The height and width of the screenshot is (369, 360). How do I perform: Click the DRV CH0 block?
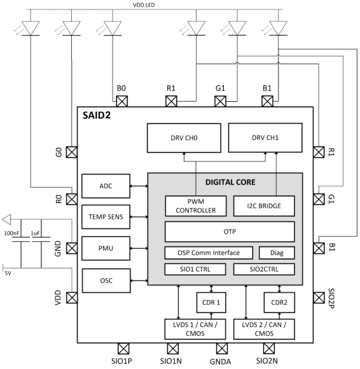point(184,138)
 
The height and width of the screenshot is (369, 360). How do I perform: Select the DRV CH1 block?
point(265,138)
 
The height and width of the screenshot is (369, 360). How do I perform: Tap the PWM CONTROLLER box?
point(191,205)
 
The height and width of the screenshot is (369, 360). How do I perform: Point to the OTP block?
point(230,232)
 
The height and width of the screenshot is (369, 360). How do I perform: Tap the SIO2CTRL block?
point(263,269)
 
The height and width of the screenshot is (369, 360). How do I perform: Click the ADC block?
point(106,185)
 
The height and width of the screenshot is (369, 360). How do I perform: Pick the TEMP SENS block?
point(106,216)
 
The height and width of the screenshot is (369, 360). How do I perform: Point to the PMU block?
point(106,248)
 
